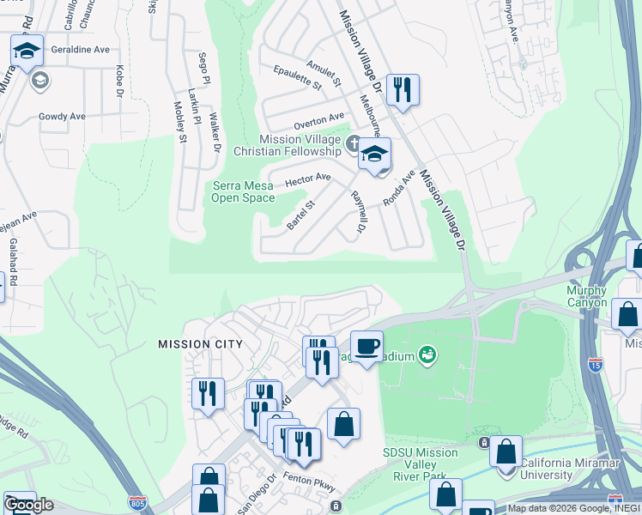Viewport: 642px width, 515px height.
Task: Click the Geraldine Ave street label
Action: coord(80,50)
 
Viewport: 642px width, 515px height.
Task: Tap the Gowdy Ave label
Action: coord(62,116)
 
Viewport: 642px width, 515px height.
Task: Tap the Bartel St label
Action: coord(301,215)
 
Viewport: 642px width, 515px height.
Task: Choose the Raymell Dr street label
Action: coord(359,211)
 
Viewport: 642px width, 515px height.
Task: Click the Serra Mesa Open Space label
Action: coord(244,191)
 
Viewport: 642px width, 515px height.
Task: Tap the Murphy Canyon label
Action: coord(587,296)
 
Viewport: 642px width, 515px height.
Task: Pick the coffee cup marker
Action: coord(366,346)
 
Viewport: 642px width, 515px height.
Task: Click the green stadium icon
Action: coord(427,355)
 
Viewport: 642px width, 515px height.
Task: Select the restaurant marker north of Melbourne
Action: coord(402,88)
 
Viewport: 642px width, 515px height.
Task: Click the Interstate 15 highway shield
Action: coord(596,365)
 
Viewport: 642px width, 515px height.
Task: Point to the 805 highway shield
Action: coord(143,501)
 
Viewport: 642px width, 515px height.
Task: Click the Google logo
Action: coord(29,505)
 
